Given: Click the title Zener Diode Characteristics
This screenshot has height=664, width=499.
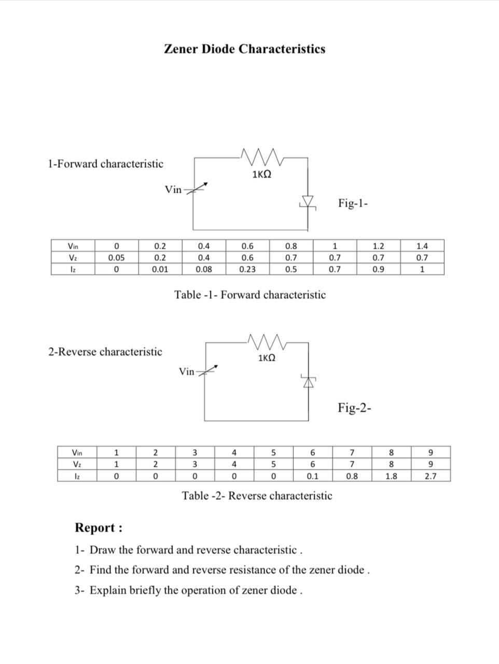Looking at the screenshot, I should (244, 49).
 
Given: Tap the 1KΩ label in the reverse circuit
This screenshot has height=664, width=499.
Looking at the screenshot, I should (266, 358).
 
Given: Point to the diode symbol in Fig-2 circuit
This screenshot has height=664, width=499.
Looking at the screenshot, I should (309, 381).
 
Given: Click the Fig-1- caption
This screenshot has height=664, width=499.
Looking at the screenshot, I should (353, 203).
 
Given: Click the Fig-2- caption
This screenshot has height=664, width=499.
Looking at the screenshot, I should (355, 408).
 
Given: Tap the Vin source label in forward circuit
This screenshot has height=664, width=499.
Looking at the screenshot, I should (173, 190).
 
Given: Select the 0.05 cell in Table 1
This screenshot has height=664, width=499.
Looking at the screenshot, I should (116, 258).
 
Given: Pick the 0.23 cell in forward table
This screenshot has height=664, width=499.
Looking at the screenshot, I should (247, 269).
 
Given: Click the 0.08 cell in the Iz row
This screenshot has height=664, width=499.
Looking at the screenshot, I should (204, 269).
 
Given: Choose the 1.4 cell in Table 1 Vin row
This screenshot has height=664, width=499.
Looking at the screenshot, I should (422, 246).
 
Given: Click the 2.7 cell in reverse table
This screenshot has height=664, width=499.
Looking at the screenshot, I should (430, 476).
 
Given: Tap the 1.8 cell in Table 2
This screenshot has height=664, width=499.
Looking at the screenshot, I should (391, 476).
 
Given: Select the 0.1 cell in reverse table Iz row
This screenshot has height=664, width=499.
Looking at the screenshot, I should (312, 476).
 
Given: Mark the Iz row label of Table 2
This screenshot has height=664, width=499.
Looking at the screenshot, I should (77, 476).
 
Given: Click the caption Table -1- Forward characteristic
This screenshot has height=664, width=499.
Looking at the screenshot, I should (250, 295).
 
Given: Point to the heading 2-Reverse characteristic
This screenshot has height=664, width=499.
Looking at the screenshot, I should (105, 352).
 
